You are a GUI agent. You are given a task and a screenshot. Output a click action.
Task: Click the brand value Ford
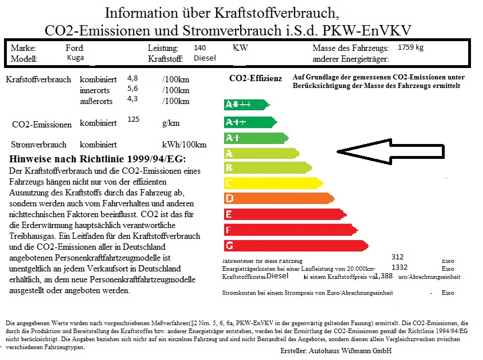[74, 48]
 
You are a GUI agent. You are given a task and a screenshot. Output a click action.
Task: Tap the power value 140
[200, 48]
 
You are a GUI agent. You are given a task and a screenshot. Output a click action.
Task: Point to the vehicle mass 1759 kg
[410, 47]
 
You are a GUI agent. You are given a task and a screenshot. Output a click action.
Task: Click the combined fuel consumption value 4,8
[133, 78]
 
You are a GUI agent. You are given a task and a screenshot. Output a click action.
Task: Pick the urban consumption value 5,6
[133, 89]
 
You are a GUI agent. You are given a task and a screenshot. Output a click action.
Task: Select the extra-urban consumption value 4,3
[133, 99]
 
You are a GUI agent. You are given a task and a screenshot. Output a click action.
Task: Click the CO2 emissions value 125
[134, 119]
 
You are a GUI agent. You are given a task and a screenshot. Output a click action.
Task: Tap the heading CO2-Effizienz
[255, 78]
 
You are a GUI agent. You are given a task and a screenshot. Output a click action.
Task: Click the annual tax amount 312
[398, 258]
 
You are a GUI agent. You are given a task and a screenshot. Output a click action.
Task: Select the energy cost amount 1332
[400, 267]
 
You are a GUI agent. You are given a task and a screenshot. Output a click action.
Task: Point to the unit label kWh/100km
[184, 145]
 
